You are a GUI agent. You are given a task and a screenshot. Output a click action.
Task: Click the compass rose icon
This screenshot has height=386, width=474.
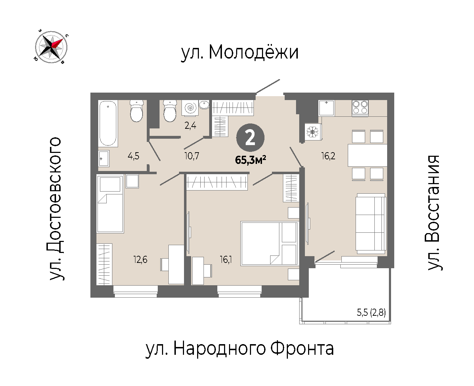(51, 47)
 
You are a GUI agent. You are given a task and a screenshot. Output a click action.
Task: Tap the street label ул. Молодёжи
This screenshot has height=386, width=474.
(239, 53)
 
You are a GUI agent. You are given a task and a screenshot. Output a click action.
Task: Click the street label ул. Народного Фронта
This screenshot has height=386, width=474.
(240, 349)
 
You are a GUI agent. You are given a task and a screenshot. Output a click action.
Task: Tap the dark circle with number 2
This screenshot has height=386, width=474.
(250, 138)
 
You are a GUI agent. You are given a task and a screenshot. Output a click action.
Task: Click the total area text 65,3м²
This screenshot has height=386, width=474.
(251, 160)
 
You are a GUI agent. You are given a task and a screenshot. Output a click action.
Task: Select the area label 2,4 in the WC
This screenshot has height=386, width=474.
(190, 126)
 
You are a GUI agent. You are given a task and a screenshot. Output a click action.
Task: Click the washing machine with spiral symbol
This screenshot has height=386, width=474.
(190, 108)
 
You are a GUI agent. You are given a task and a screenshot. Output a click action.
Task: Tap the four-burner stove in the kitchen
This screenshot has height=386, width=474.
(360, 108)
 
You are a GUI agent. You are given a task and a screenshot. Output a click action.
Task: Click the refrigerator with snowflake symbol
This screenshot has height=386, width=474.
(313, 132)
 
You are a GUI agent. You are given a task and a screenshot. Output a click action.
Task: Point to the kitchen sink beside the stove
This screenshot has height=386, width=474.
(327, 108)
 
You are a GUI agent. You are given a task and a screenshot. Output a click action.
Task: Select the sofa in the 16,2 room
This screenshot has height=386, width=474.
(370, 224)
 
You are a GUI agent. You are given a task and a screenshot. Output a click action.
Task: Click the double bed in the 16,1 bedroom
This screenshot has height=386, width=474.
(269, 243)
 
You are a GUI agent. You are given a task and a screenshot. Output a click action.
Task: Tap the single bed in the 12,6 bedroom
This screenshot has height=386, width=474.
(110, 204)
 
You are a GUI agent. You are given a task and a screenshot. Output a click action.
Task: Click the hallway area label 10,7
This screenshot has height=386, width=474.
(191, 156)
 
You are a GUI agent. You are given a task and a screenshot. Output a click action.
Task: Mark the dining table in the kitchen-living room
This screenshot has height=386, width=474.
(367, 155)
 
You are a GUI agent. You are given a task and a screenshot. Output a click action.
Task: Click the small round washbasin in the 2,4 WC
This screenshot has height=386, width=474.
(204, 105)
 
